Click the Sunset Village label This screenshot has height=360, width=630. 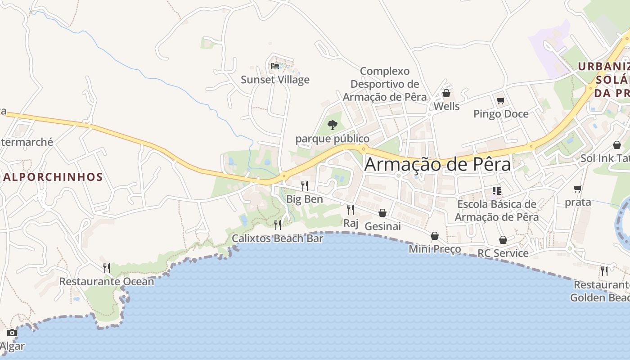275,80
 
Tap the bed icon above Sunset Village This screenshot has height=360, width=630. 275,66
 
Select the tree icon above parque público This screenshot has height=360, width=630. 333,125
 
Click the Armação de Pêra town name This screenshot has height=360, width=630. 437,164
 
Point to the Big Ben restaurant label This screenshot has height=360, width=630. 305,199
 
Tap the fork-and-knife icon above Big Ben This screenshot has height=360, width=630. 305,185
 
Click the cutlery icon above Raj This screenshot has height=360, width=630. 351,209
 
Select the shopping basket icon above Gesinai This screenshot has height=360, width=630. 382,213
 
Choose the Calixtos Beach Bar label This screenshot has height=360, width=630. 278,238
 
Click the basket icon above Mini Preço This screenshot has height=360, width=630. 435,236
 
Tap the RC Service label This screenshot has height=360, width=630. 503,253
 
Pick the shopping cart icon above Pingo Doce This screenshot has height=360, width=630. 501,100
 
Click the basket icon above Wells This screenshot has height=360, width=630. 446,93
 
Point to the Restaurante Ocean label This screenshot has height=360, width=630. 107,282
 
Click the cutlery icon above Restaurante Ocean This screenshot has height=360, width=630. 107,268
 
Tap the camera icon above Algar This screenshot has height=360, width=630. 12,333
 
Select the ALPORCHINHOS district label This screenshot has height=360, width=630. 53,177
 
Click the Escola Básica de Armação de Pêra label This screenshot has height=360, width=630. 497,211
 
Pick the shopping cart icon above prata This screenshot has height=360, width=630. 578,189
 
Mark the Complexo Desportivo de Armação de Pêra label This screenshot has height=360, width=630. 385,84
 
